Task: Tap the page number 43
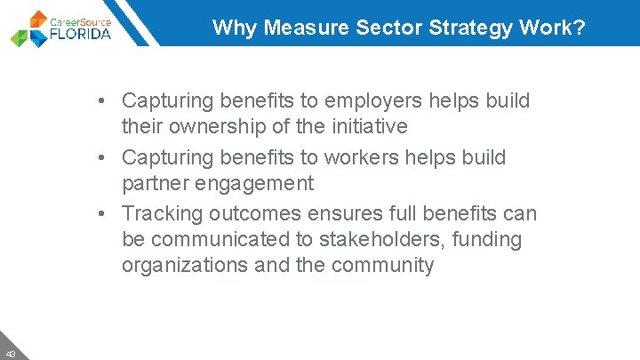[9, 352]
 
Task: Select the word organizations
[185, 265]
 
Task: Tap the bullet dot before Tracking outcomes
[104, 213]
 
